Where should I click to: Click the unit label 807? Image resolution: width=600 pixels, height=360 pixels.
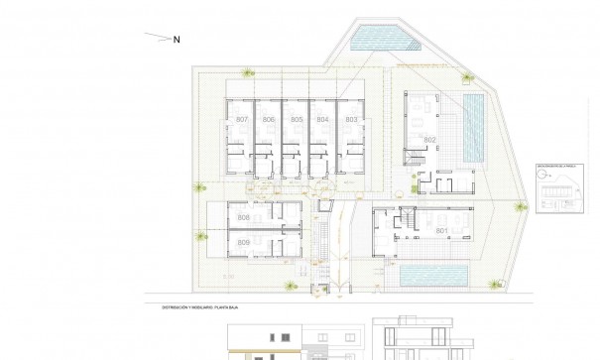(242, 120)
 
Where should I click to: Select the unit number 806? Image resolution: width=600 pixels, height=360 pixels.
(269, 120)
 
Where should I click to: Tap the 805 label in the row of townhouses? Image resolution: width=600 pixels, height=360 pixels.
(297, 120)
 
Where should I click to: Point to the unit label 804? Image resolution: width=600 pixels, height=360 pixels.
(322, 120)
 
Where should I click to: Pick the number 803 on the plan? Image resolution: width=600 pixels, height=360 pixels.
(350, 120)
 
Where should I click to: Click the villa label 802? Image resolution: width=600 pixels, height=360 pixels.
(429, 140)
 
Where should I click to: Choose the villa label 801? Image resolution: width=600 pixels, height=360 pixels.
(441, 232)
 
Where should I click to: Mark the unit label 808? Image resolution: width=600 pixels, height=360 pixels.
(244, 217)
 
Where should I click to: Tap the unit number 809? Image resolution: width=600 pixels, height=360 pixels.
(244, 243)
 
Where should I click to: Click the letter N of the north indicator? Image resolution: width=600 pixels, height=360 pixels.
(177, 40)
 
